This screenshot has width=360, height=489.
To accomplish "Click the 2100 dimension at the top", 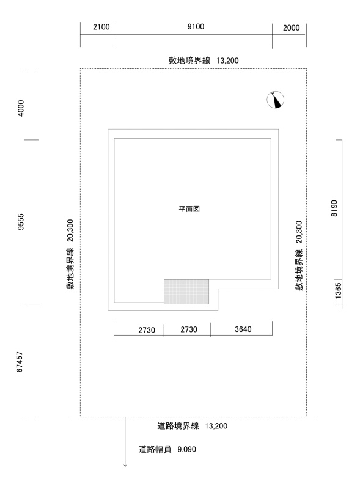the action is point(101,27).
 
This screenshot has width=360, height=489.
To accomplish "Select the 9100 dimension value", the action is point(196,26).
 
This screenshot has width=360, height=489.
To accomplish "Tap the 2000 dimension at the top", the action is point(292,28).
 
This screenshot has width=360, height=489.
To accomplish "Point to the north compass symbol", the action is point(276,100).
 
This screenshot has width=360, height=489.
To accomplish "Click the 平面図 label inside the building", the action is point(189,209).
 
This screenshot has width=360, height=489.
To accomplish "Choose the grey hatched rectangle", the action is point(186,292).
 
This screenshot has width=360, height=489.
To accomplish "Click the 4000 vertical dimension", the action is point(21,108).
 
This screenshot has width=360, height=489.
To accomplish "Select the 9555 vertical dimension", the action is point(21,222).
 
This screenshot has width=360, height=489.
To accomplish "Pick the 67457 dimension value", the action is point(20,362).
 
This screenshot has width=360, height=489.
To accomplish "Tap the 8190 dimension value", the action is point(334,208).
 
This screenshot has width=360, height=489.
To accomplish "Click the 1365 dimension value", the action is point(338,291).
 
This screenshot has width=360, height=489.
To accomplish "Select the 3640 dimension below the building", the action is point(243,329).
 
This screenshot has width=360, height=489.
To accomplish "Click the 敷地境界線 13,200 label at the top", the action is point(204,61).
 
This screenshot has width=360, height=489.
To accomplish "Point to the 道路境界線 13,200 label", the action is point(192,426).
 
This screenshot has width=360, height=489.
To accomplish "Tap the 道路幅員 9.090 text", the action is point(167,449).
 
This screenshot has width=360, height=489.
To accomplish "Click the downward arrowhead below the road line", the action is point(125,466).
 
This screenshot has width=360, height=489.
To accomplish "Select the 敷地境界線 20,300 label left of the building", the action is point(70,254).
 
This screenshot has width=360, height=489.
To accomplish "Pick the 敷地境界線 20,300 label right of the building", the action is point(299,256).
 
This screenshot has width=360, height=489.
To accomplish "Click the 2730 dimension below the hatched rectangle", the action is point(189,329).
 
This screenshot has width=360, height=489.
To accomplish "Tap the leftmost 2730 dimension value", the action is point(147,330).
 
